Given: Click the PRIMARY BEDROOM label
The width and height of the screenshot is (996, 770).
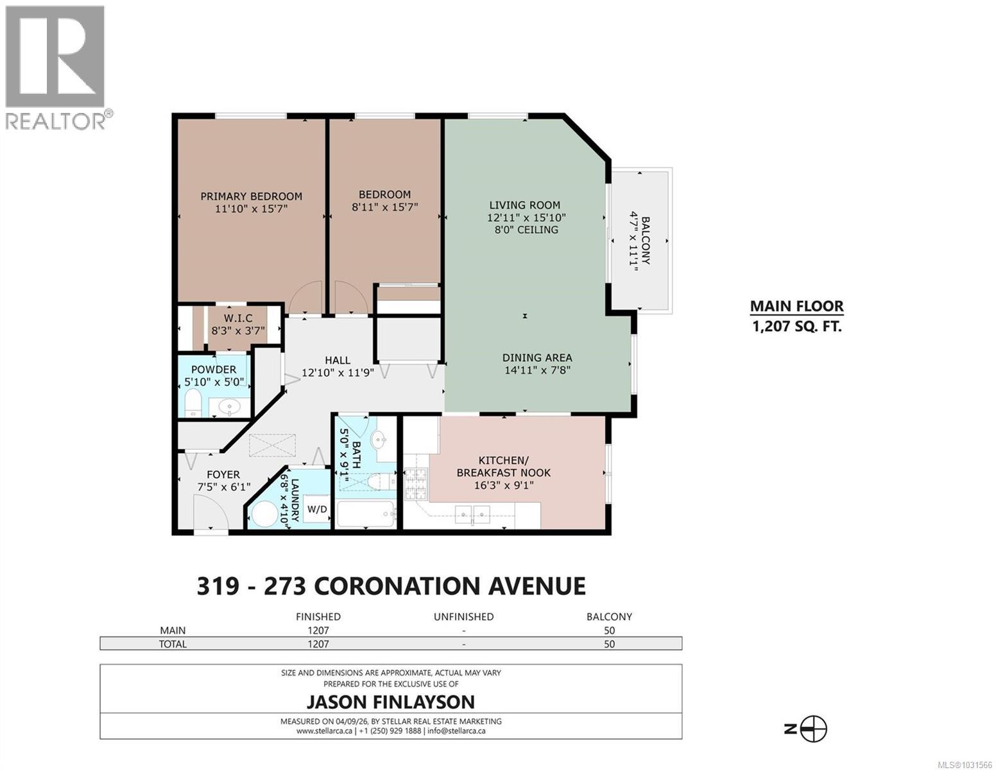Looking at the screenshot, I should [x=251, y=196].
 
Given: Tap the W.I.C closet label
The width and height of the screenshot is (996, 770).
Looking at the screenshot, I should [x=238, y=318].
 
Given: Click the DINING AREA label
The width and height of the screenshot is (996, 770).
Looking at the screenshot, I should [x=537, y=358].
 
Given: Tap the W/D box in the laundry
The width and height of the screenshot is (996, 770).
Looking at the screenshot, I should [x=317, y=509].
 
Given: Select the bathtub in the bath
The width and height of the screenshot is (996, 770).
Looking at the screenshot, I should [x=365, y=515].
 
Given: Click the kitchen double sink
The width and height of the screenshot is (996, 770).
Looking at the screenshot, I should [x=472, y=512].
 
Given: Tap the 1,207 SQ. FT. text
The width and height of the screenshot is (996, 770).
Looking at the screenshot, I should [x=796, y=327].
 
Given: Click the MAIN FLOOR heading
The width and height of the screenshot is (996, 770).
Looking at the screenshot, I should [x=796, y=307].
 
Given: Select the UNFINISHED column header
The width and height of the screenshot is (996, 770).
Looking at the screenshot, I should [x=463, y=617].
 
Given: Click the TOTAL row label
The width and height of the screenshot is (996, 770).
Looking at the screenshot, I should [x=173, y=644].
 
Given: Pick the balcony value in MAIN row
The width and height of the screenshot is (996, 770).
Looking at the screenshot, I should [x=609, y=630].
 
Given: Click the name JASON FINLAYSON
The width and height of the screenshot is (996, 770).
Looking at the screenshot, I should [x=391, y=701].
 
